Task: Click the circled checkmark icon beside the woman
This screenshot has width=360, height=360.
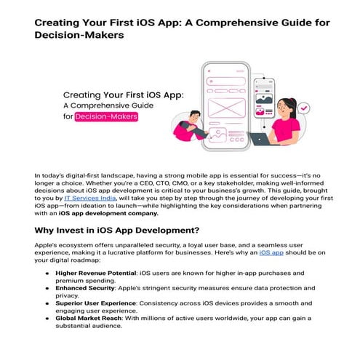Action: point(303,108)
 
